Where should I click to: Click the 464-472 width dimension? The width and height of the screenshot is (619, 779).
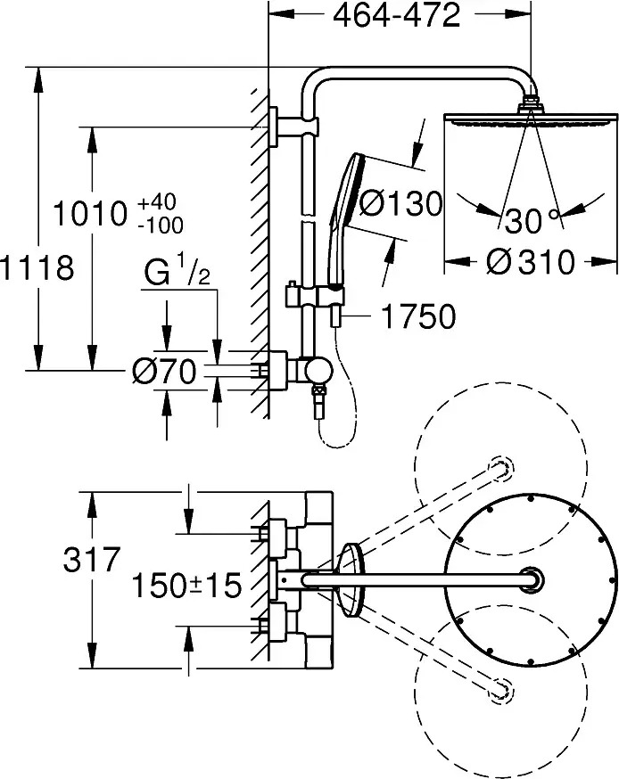point(396,15)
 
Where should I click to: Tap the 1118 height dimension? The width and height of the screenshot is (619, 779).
point(37,267)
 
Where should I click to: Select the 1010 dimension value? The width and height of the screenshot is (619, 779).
point(90,214)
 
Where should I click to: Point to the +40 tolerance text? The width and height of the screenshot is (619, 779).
point(157,202)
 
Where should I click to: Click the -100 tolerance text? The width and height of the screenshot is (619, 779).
point(160,225)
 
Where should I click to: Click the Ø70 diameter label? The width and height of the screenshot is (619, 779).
point(165,371)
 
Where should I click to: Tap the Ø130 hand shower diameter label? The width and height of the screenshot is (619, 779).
point(400,204)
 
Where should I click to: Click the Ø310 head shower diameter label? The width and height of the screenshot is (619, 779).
point(531,261)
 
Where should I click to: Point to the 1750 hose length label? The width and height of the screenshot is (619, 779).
point(418,316)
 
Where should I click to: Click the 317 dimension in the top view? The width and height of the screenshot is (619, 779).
point(92,560)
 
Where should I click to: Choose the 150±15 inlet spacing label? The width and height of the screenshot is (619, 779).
point(186,585)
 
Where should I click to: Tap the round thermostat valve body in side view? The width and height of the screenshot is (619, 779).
point(318,371)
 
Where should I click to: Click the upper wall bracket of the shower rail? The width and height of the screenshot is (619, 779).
point(293,127)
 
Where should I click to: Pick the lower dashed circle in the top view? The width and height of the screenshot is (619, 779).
point(501,692)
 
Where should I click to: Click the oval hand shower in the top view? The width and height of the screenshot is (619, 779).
point(351,580)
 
